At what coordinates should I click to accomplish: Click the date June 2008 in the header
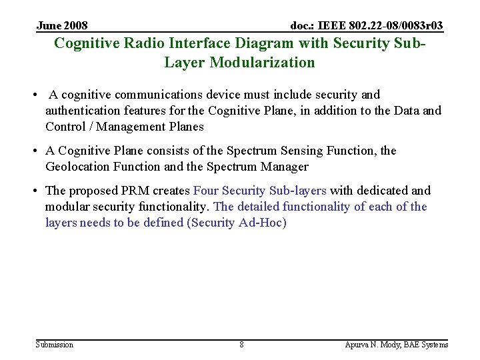click(x=62, y=26)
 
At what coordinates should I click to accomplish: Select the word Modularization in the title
click(x=262, y=63)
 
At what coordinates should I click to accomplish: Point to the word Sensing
click(x=302, y=151)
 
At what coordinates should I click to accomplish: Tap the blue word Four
click(x=206, y=191)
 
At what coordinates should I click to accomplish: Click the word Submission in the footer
click(x=54, y=345)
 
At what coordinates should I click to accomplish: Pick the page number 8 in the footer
click(x=241, y=345)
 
